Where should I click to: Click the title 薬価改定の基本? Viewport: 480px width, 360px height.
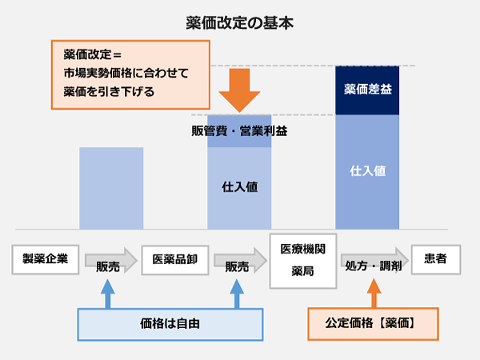click(x=240, y=22)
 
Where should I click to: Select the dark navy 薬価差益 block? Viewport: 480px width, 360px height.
click(x=366, y=90)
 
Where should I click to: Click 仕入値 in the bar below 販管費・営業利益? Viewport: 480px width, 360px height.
click(x=239, y=188)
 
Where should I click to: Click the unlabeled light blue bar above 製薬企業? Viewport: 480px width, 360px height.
click(x=111, y=188)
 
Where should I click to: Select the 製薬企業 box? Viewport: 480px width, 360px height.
click(x=46, y=258)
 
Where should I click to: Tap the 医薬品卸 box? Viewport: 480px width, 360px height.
click(x=174, y=258)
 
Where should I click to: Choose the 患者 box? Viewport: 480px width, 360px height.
click(x=435, y=258)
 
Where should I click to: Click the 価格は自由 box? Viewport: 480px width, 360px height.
click(x=170, y=325)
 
